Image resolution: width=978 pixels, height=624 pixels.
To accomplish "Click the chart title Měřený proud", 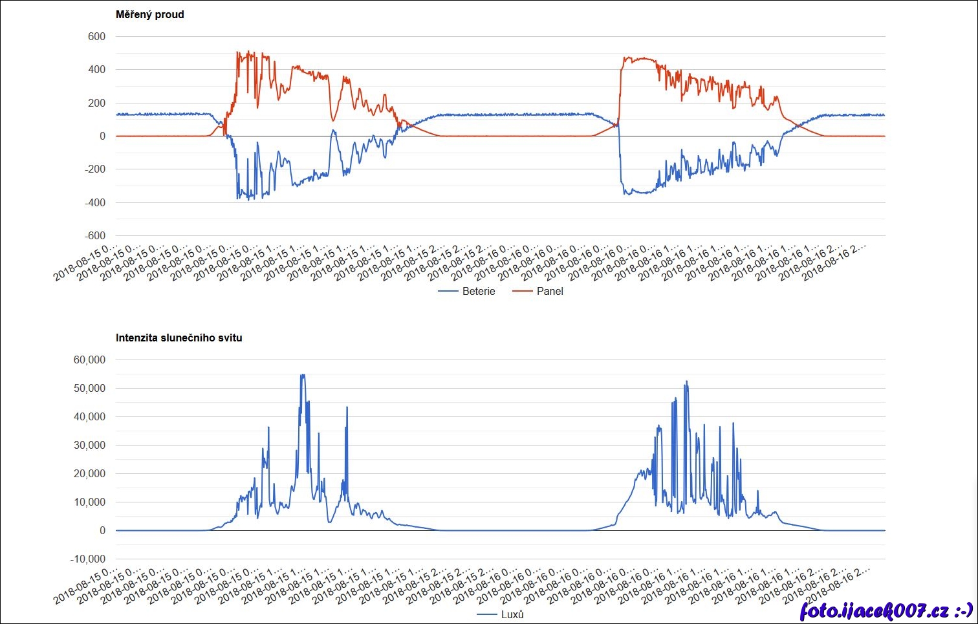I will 149,14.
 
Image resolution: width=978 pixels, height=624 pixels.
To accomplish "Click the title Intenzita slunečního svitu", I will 179,338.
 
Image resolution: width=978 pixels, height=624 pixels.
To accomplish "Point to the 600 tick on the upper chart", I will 96,36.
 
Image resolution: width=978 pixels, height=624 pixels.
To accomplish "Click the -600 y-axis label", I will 94,235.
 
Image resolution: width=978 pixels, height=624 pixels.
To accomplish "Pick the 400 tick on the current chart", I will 96,69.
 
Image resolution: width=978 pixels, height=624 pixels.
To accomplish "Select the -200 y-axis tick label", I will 94,169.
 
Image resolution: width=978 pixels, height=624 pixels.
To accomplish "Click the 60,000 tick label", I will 89,360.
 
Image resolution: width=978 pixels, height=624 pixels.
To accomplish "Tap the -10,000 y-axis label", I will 87,559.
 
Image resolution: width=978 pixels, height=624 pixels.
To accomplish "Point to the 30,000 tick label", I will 89,445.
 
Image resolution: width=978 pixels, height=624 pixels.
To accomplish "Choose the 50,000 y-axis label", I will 89,388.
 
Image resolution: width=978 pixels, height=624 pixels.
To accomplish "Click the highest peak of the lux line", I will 302,375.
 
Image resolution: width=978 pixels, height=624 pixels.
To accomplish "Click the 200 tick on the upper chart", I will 96,103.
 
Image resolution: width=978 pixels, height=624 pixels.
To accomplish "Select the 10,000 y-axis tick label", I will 89,502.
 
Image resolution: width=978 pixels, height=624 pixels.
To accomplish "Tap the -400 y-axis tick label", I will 94,202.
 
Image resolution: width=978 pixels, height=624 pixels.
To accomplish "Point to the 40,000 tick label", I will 89,416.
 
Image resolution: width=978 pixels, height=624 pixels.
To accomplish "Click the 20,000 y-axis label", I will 89,473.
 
